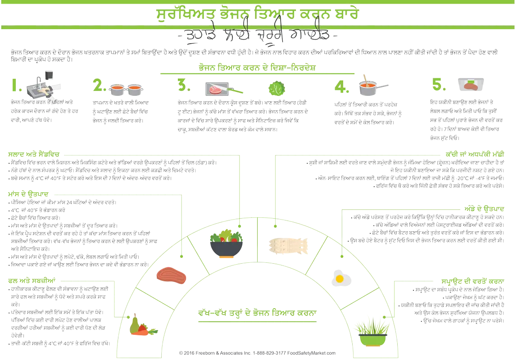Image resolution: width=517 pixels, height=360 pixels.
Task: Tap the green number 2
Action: pos(99,85)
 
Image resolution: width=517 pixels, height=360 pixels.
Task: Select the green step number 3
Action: pos(183,85)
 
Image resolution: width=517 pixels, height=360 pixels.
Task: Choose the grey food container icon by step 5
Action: pos(471,85)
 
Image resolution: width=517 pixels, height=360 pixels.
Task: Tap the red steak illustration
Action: pos(171,274)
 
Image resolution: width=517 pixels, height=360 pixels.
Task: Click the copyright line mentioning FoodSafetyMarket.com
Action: pos(258,354)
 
